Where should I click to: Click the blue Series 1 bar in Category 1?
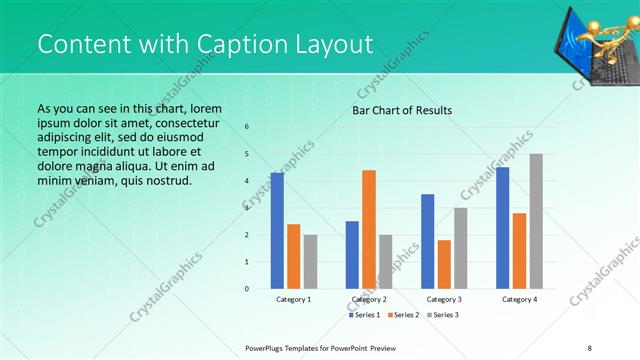[277, 231]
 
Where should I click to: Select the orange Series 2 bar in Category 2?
[369, 229]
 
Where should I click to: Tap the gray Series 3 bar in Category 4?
[536, 221]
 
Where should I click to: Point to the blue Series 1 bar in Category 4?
[502, 228]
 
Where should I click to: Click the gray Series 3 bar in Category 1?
[311, 262]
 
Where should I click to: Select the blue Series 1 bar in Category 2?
[352, 255]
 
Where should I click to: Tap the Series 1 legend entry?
[365, 315]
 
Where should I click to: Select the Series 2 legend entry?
[402, 315]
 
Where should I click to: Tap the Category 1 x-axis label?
[293, 299]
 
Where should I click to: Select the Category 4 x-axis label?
[519, 299]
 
